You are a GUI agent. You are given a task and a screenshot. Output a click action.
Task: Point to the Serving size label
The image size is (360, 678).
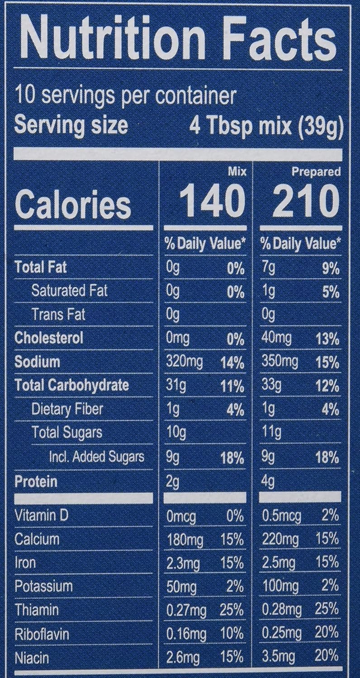point(71,124)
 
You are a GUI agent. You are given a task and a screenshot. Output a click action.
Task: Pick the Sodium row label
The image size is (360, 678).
point(38,362)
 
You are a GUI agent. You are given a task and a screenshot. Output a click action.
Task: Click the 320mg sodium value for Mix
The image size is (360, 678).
point(185,362)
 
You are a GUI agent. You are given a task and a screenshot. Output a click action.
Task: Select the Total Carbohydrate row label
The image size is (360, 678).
point(71,385)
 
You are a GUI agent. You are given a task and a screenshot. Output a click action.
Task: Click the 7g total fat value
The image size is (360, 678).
point(268,268)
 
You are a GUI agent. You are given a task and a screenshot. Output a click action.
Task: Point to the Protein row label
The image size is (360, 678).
point(36,481)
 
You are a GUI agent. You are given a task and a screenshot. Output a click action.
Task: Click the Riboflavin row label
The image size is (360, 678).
point(41,634)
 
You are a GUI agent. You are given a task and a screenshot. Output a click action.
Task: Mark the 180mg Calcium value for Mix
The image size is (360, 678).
point(185,539)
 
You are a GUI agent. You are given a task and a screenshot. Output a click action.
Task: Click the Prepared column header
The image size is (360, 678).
point(316,172)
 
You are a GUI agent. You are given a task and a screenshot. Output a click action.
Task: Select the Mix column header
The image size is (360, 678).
point(238,172)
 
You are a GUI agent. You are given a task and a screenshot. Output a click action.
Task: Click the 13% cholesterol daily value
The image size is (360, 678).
point(328,339)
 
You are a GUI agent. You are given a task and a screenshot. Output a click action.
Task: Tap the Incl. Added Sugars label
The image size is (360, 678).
point(97,457)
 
